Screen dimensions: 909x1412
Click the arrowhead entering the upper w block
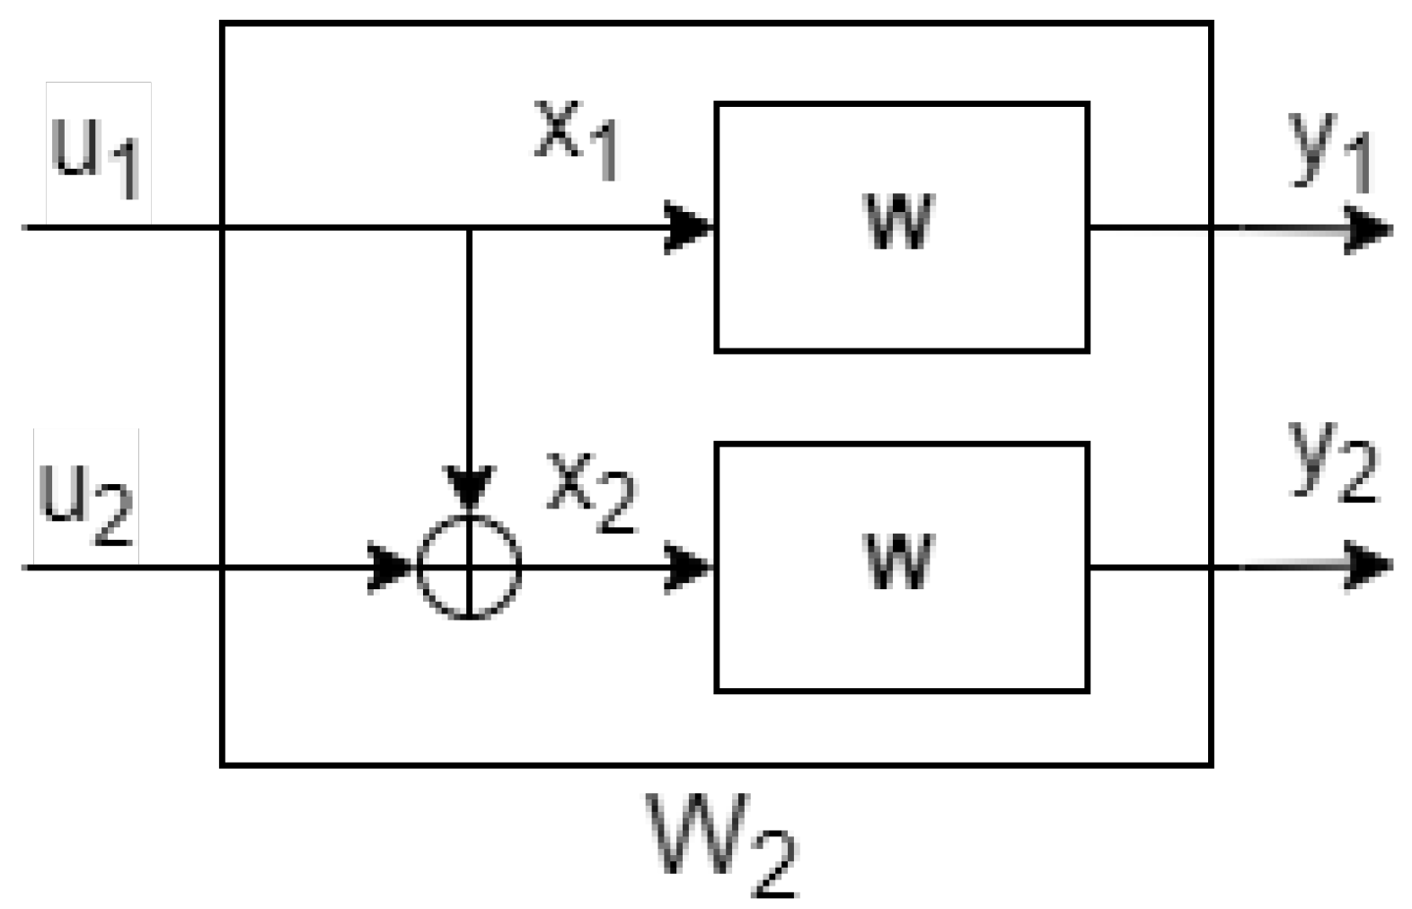(x=688, y=228)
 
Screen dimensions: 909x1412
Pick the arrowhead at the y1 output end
(x=1371, y=229)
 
